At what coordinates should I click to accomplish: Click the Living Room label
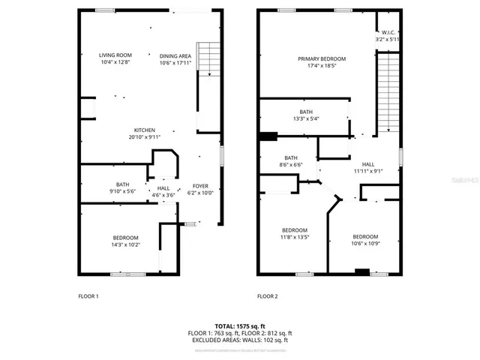(x=115, y=58)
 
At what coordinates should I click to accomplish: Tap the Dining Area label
(x=175, y=58)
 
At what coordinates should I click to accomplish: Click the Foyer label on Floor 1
(x=200, y=189)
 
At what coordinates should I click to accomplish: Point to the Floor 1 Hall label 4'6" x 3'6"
(x=163, y=192)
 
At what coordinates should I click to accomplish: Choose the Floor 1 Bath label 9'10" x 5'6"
(x=122, y=188)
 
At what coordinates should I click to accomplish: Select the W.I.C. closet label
(x=388, y=36)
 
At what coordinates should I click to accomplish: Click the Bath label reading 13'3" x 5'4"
(x=306, y=115)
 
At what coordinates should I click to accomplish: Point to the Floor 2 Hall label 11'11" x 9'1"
(x=368, y=167)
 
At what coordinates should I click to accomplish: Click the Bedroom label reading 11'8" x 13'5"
(x=294, y=234)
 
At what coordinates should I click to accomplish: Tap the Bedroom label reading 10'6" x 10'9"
(x=365, y=239)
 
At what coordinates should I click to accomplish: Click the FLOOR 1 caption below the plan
(x=88, y=296)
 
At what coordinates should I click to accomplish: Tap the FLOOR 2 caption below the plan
(x=267, y=296)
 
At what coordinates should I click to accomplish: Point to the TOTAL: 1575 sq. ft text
(x=240, y=325)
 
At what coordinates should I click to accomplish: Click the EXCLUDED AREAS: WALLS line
(x=240, y=340)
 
